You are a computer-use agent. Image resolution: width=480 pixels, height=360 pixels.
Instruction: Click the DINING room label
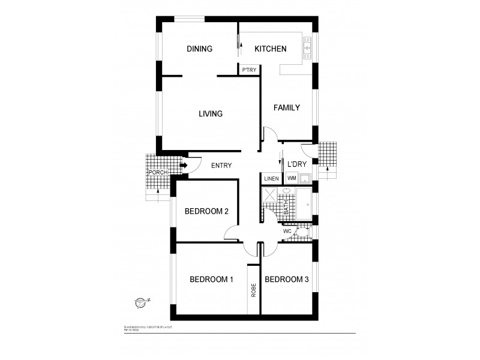pyautogui.click(x=199, y=49)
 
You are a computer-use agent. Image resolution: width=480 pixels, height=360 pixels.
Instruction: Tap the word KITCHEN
pyautogui.click(x=271, y=49)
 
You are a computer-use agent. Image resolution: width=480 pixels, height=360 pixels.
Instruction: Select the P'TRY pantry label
pyautogui.click(x=249, y=70)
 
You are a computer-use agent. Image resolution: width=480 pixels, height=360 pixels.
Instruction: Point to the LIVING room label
pyautogui.click(x=210, y=113)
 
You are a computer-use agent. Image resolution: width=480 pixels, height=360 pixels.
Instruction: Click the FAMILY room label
pyautogui.click(x=286, y=108)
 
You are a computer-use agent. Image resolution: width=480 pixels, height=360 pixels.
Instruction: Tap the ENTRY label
pyautogui.click(x=221, y=166)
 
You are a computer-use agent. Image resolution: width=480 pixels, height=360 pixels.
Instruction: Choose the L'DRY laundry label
pyautogui.click(x=297, y=164)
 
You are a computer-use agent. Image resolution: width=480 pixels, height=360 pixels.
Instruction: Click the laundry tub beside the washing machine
pyautogui.click(x=304, y=178)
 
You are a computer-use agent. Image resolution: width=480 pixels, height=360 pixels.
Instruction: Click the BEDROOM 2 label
pyautogui.click(x=206, y=211)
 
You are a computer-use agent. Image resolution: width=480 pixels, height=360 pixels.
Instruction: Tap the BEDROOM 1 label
pyautogui.click(x=211, y=279)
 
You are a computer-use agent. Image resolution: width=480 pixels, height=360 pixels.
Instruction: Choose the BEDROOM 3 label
pyautogui.click(x=286, y=279)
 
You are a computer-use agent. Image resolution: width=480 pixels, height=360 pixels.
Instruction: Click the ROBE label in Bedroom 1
pyautogui.click(x=254, y=290)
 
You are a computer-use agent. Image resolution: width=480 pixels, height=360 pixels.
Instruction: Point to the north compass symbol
pyautogui.click(x=140, y=303)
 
